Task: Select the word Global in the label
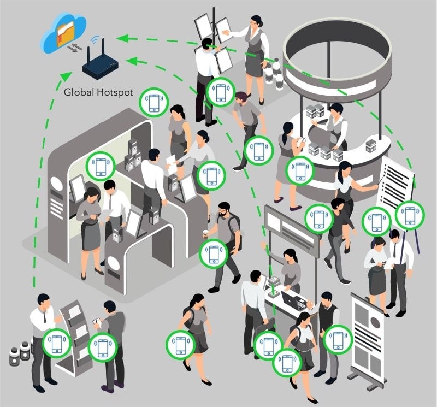(75, 92)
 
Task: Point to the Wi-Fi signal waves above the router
(97, 40)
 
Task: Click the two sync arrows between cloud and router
(75, 49)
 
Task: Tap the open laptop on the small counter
(293, 300)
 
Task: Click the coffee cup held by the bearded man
(206, 234)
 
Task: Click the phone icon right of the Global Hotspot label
(155, 102)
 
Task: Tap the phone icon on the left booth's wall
(101, 166)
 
